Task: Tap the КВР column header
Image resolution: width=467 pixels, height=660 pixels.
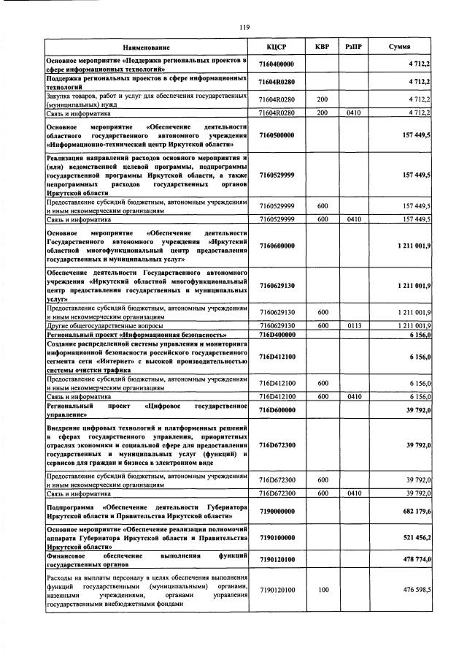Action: click(322, 46)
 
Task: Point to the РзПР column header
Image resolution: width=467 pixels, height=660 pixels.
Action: click(355, 46)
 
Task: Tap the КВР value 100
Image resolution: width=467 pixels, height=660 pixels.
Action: click(322, 589)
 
